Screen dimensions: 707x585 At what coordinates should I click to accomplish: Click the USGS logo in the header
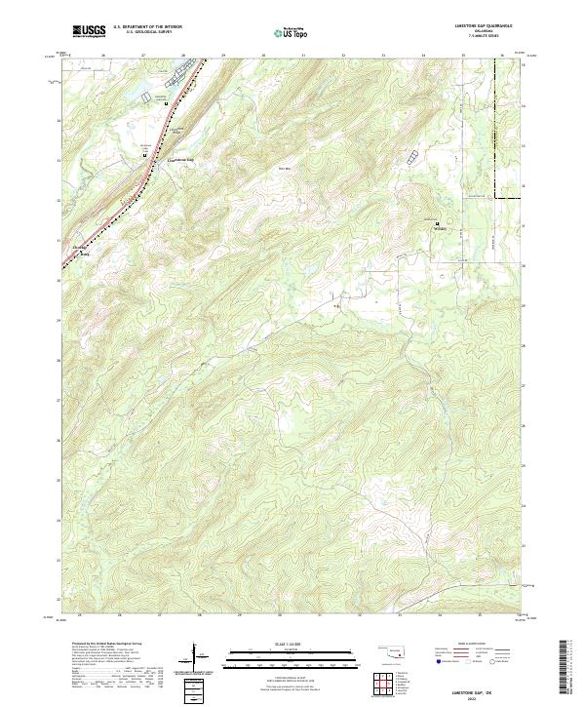pyautogui.click(x=89, y=31)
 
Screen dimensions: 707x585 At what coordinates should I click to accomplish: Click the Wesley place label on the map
pyautogui.click(x=439, y=230)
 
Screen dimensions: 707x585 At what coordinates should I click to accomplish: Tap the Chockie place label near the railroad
pyautogui.click(x=81, y=249)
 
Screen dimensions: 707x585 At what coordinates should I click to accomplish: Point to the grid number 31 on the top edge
pyautogui.click(x=303, y=56)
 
